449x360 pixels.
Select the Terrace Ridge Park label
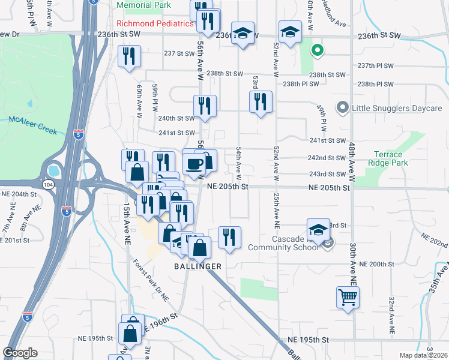[x=388, y=158]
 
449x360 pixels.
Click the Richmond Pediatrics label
[x=155, y=23]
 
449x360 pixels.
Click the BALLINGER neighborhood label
[x=198, y=266]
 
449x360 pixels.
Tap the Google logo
[x=20, y=353]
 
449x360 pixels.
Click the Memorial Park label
[x=144, y=5]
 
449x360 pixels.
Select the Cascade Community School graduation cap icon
[x=318, y=229]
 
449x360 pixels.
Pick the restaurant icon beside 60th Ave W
[x=130, y=56]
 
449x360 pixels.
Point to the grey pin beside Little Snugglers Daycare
[x=342, y=108]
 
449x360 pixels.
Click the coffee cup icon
[x=194, y=163]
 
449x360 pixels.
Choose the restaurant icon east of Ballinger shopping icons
[x=229, y=237]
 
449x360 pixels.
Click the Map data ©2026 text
[x=423, y=355]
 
